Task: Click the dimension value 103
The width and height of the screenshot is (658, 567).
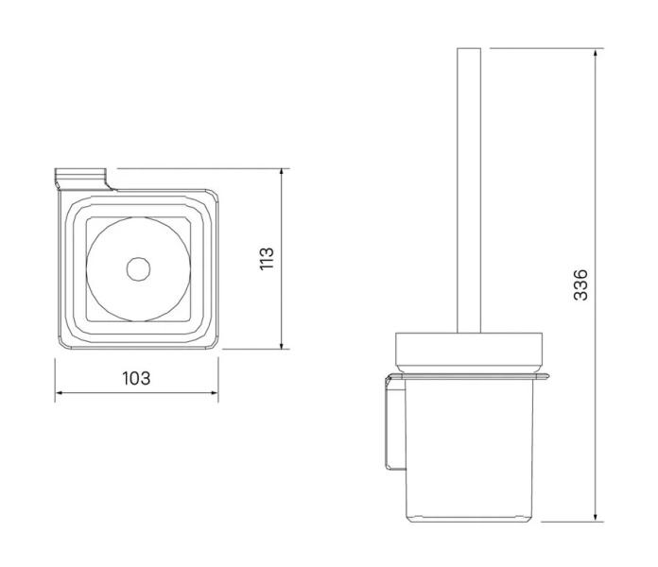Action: [136, 379]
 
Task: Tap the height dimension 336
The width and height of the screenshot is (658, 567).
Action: [581, 284]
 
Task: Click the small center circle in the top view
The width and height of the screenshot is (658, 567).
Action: [138, 268]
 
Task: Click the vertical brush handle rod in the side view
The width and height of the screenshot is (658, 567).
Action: [470, 189]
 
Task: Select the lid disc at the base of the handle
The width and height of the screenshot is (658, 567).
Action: [470, 350]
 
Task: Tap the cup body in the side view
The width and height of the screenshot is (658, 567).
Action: [470, 444]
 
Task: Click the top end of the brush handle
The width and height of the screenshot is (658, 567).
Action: [470, 51]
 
